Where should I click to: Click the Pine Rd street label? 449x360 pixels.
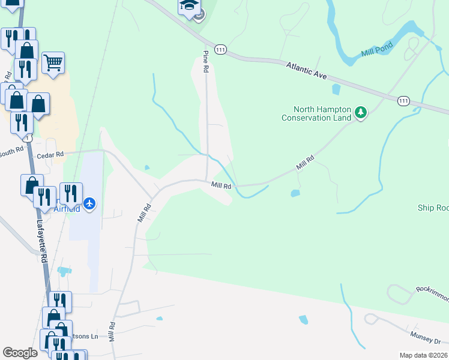click(205, 61)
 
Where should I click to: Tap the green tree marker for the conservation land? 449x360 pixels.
click(361, 112)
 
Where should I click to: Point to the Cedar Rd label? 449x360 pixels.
click(50, 155)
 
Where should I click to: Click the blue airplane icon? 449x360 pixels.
click(90, 204)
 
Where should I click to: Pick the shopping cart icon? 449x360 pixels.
click(53, 62)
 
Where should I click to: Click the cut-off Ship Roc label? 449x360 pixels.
click(433, 208)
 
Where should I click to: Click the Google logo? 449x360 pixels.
click(20, 353)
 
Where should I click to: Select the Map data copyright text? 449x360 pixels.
click(423, 355)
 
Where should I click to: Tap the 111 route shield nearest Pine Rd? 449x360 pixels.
click(221, 51)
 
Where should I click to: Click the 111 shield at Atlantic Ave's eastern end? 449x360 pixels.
click(402, 102)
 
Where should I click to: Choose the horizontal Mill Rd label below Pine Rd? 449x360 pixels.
click(221, 186)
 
